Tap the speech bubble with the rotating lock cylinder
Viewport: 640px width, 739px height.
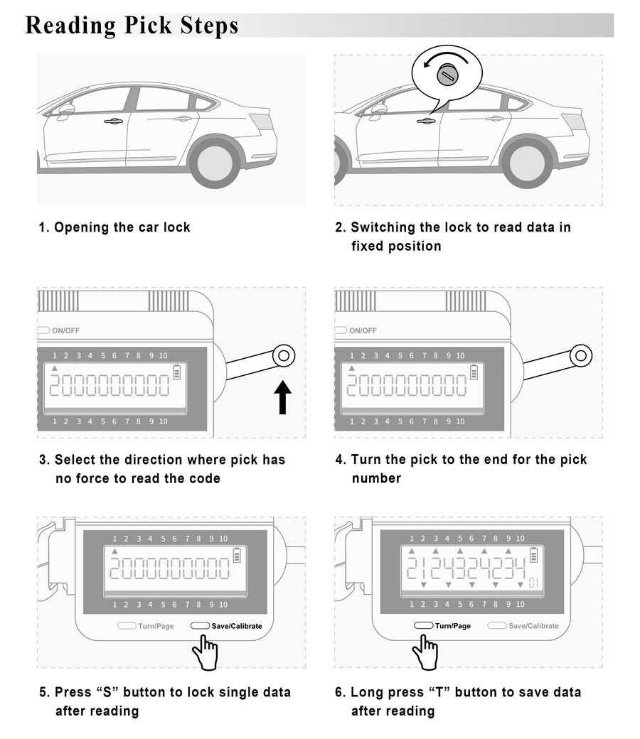pyautogui.click(x=447, y=72)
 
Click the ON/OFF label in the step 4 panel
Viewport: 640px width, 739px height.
pyautogui.click(x=363, y=330)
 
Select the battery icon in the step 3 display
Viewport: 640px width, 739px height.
pyautogui.click(x=177, y=372)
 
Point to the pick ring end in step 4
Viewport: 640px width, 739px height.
pyautogui.click(x=582, y=355)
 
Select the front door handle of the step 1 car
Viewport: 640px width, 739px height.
pyautogui.click(x=113, y=122)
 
